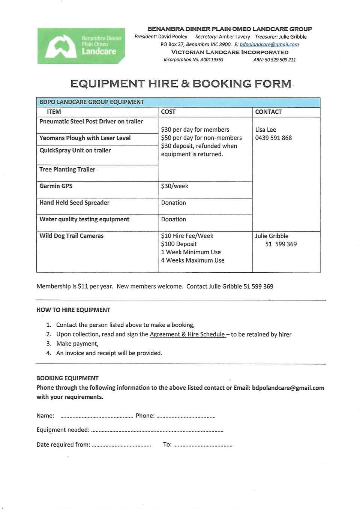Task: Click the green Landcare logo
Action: (x=81, y=46)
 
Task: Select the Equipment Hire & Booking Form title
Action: (x=181, y=84)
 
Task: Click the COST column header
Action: (x=168, y=112)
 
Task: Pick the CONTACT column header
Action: (x=268, y=112)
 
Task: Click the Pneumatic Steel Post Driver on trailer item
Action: (x=91, y=122)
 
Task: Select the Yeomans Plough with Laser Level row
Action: (x=85, y=138)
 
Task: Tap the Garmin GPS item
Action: (x=56, y=186)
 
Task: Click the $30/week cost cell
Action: (x=175, y=186)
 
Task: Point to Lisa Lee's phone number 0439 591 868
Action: (x=273, y=138)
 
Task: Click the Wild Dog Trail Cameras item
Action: (x=71, y=236)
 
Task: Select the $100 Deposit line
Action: (x=179, y=244)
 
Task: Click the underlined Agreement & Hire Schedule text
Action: (x=187, y=334)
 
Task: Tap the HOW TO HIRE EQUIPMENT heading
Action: (x=73, y=310)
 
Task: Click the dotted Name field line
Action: (x=96, y=416)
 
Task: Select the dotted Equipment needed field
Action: (x=157, y=431)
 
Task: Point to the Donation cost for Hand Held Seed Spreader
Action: (x=173, y=203)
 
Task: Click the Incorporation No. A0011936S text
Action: (x=193, y=60)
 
